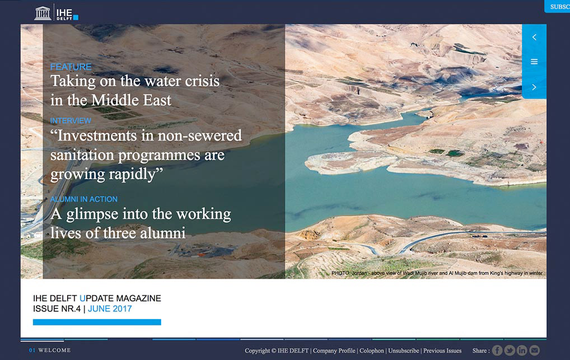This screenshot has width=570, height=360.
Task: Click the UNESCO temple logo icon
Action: [43, 13]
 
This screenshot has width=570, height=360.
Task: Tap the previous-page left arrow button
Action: [534, 37]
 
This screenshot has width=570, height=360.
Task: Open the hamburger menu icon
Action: [534, 62]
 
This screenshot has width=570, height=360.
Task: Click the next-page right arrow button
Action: [534, 87]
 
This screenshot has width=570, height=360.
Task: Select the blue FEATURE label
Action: [71, 67]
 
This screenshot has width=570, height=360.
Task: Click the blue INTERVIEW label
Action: [71, 121]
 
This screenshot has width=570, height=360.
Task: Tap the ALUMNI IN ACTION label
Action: [84, 199]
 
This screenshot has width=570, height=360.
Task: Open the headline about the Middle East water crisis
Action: [135, 91]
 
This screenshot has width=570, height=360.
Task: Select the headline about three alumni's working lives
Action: [141, 223]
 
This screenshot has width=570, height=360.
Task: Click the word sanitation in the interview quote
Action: [82, 155]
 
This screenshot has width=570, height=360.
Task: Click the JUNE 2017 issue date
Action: [110, 308]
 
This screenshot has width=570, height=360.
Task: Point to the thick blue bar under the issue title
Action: [97, 322]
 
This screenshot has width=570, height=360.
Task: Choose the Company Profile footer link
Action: [334, 350]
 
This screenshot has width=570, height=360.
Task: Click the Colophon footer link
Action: [372, 350]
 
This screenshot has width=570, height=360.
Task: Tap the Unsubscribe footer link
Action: [404, 350]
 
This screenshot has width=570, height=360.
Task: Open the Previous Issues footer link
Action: [442, 350]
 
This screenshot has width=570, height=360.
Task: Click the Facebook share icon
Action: [497, 350]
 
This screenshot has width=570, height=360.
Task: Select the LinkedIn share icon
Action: [522, 350]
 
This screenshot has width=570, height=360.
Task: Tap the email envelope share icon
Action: [534, 350]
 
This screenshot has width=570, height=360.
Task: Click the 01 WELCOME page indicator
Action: [50, 350]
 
